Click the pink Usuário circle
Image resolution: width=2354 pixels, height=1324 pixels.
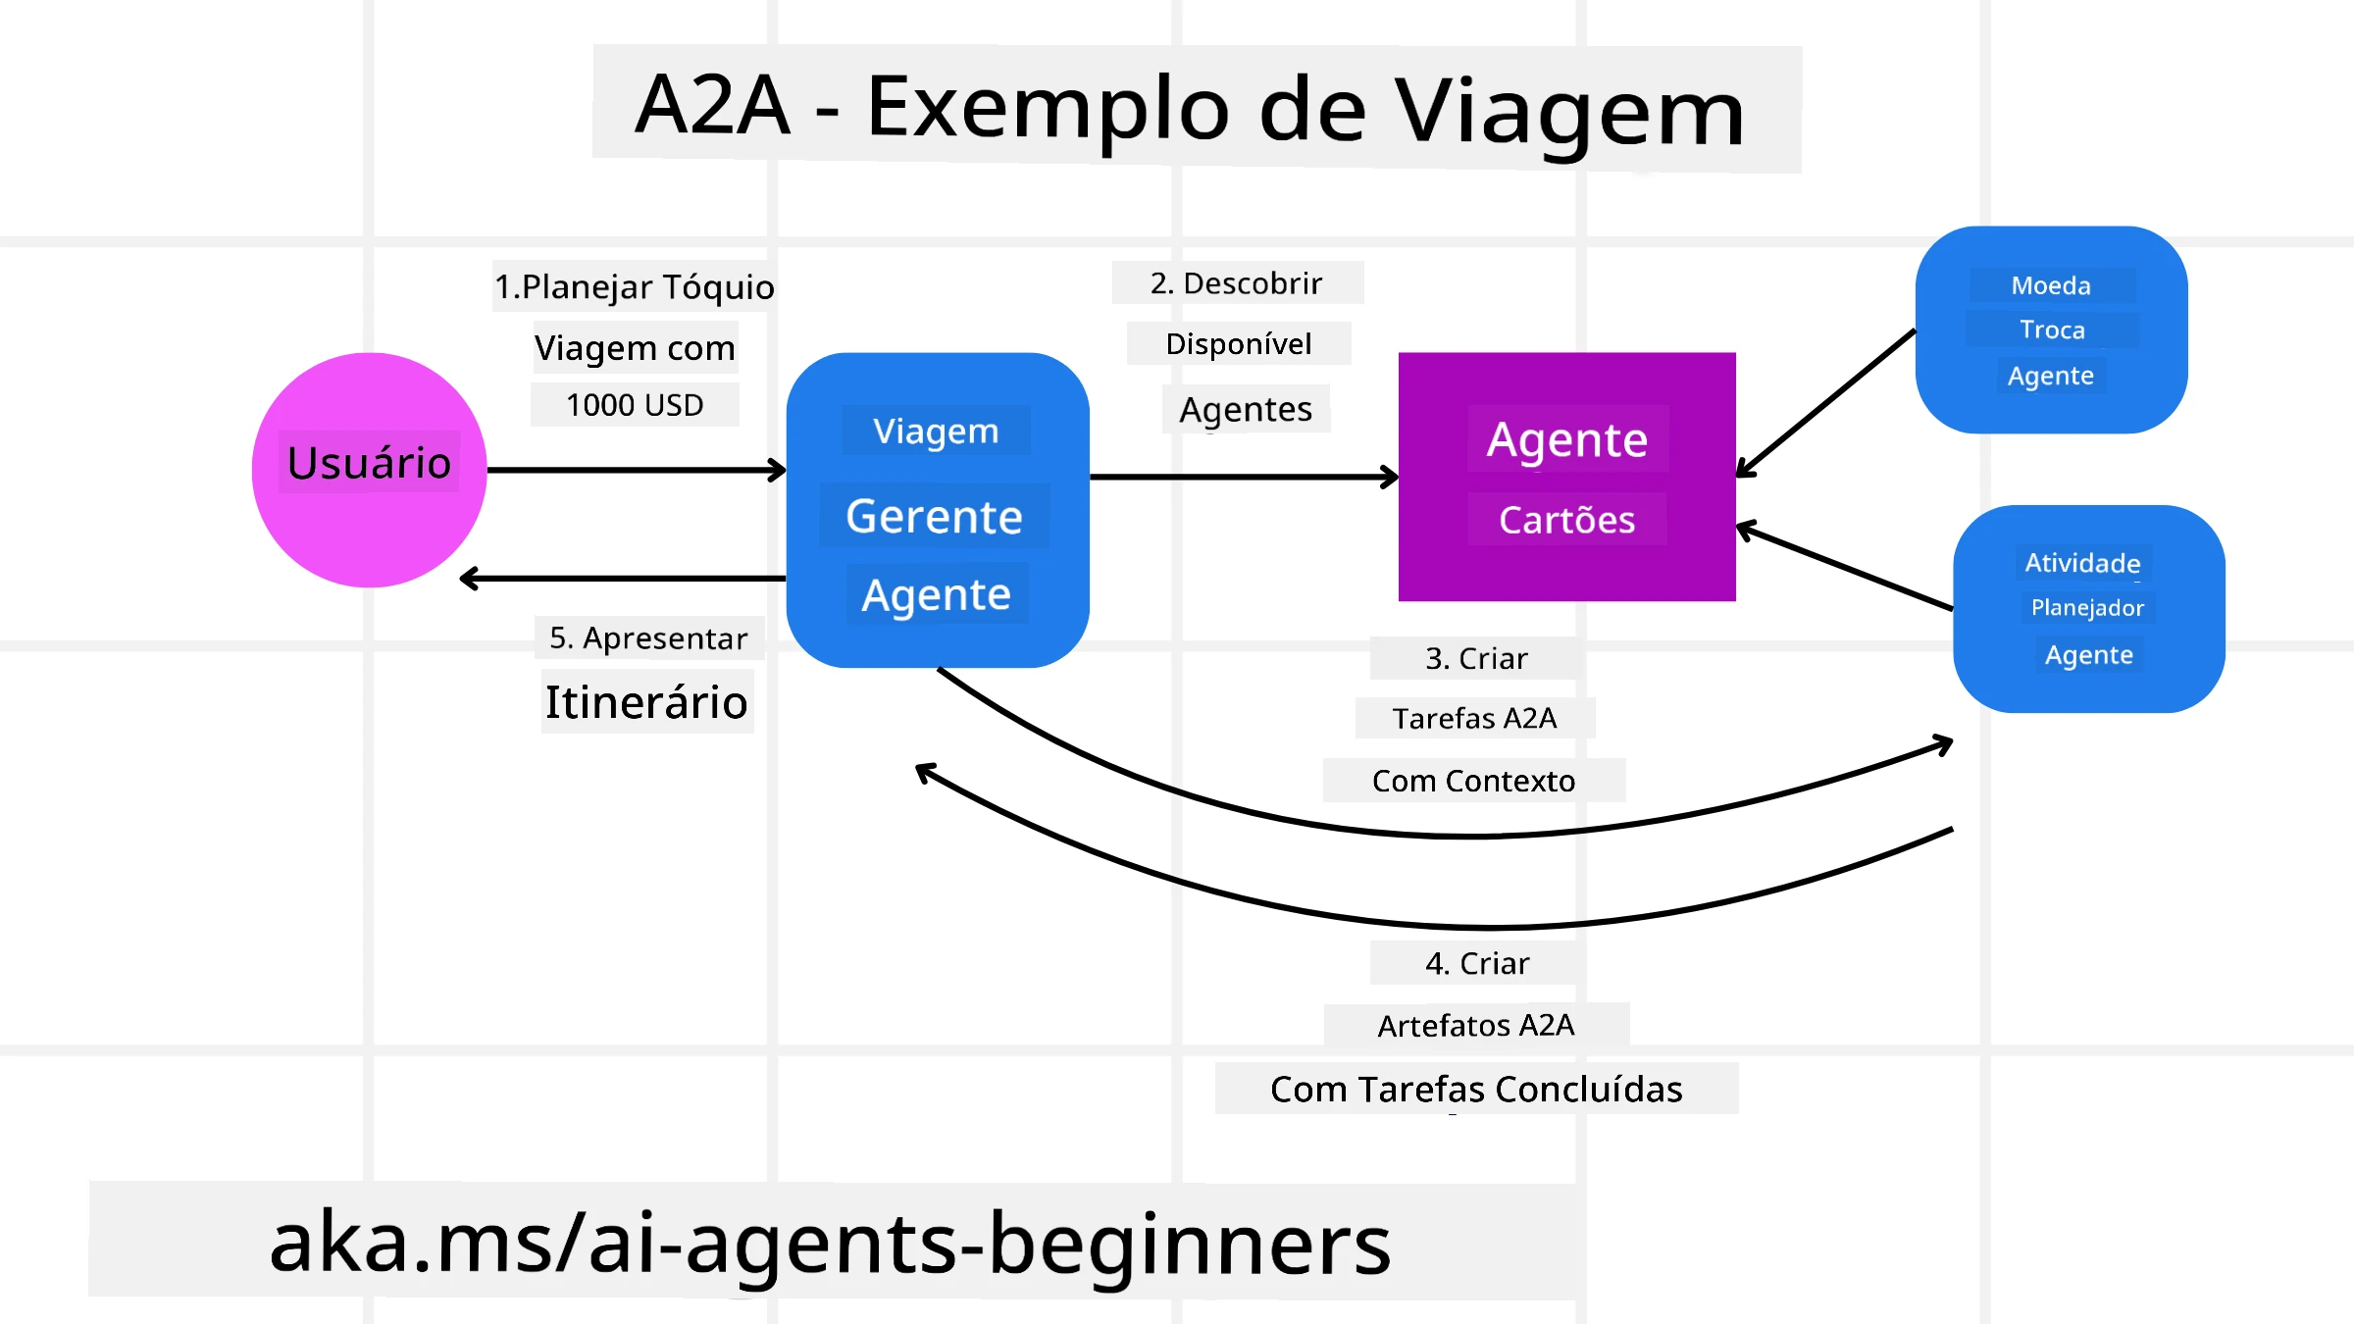369,520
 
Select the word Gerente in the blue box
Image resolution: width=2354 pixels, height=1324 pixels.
934,517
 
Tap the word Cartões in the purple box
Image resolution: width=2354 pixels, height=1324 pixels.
1566,520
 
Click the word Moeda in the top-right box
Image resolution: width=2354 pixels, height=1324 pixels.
2050,285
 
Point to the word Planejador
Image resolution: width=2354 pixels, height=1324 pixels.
2087,608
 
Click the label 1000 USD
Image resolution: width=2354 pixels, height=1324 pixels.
635,405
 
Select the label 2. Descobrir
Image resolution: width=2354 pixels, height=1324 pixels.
1236,283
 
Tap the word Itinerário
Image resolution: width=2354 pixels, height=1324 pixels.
646,702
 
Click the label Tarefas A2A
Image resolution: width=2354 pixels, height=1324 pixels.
1474,719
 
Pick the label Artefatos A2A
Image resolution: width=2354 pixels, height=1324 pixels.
1475,1026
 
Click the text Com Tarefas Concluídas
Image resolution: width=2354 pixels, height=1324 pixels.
1476,1090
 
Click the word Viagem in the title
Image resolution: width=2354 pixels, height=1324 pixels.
1569,110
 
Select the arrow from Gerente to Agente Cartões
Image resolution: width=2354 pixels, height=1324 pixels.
1243,478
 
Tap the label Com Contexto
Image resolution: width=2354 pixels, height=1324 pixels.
1473,782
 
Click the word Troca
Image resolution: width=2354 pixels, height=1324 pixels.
2052,331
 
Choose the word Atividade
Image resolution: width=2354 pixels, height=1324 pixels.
2082,563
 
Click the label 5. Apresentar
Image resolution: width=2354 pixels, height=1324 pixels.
648,638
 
